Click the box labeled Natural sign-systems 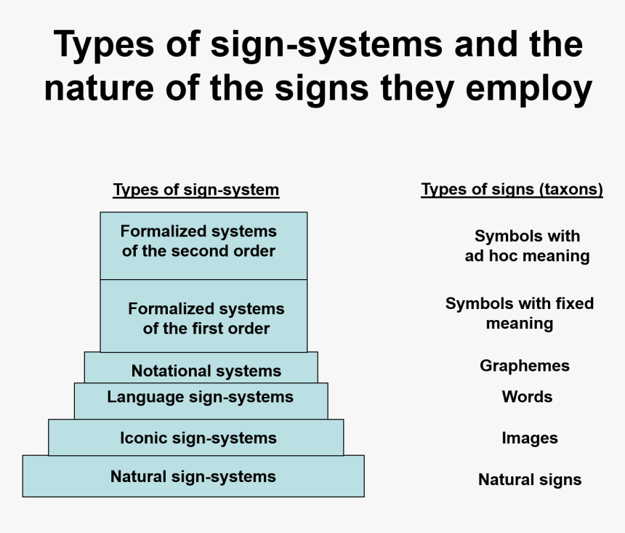tap(193, 476)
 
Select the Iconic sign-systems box tap(195, 437)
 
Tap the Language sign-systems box tap(201, 401)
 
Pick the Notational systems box tap(201, 367)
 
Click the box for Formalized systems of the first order tap(203, 316)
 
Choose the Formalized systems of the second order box tap(203, 246)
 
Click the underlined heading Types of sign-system tap(196, 190)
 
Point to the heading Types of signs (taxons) tap(512, 189)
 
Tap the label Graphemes tap(525, 366)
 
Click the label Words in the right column tap(527, 396)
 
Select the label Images tap(530, 438)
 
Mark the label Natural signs tap(530, 479)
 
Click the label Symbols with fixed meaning tap(520, 313)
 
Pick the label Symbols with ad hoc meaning tap(527, 246)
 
